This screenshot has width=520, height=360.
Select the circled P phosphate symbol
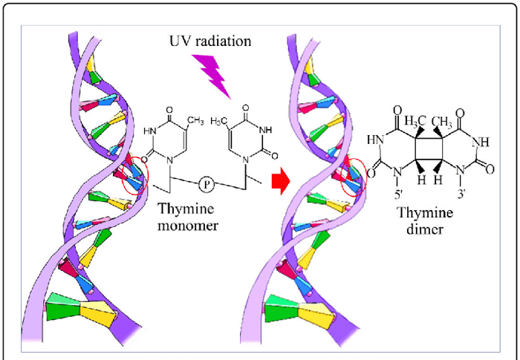(x=207, y=180)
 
